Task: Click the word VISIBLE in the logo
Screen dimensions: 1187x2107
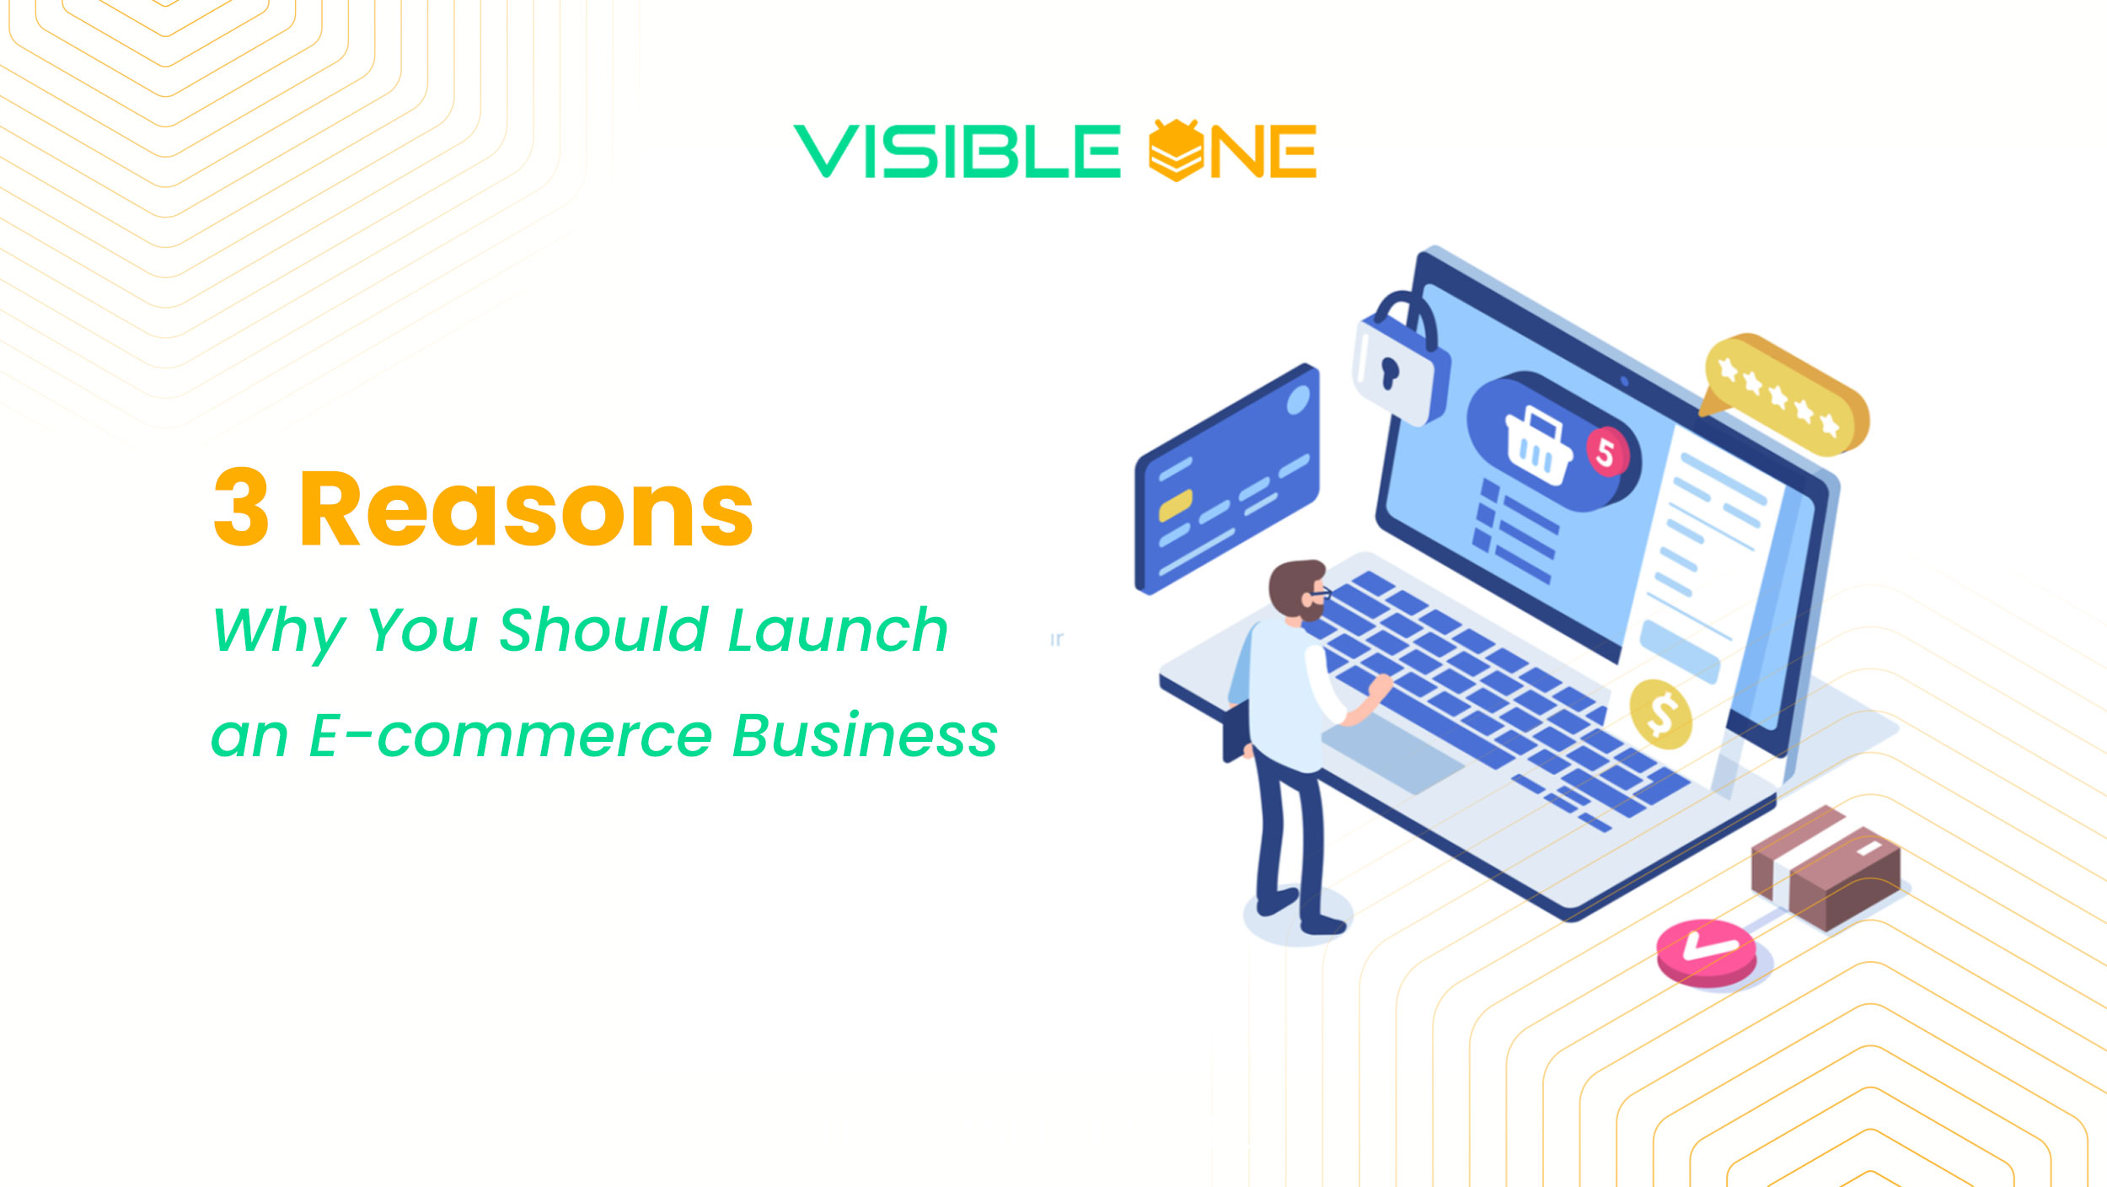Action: click(x=957, y=152)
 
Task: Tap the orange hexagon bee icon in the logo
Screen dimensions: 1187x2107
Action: click(x=1175, y=150)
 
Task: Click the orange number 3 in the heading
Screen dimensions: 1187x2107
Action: click(x=241, y=508)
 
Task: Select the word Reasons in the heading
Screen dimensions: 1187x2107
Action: click(x=526, y=509)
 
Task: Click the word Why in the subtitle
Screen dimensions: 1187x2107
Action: click(x=279, y=631)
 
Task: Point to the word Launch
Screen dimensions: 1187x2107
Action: click(x=838, y=630)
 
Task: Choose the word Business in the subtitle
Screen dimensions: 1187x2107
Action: click(x=865, y=736)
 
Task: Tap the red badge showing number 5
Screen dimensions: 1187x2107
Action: click(x=1606, y=453)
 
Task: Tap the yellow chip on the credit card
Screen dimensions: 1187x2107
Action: click(x=1175, y=505)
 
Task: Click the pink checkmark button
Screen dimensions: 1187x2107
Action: click(x=1707, y=952)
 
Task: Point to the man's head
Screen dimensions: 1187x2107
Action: click(x=1298, y=589)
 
